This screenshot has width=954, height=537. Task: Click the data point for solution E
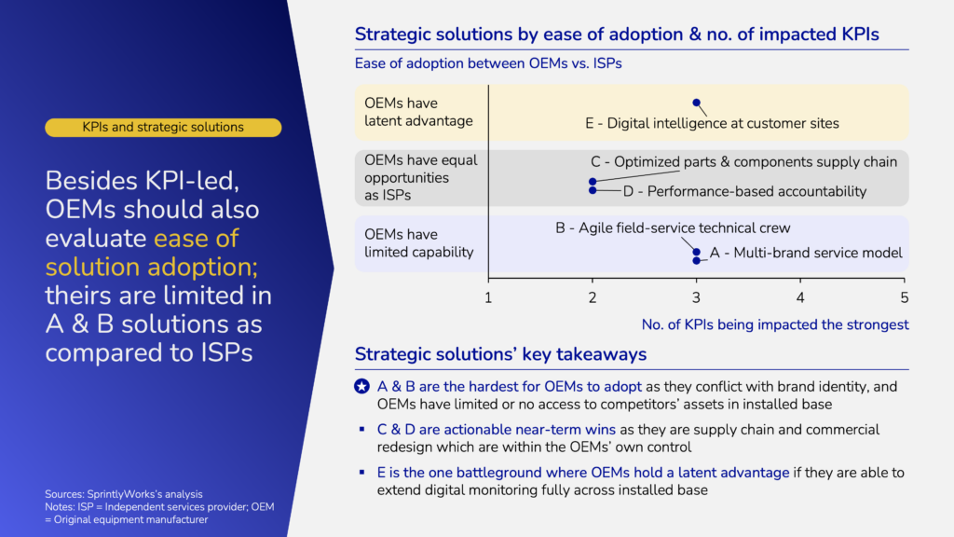pyautogui.click(x=696, y=103)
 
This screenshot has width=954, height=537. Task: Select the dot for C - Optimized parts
pyautogui.click(x=593, y=182)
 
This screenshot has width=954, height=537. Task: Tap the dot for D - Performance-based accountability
pyautogui.click(x=593, y=190)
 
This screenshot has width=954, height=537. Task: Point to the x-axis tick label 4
pyautogui.click(x=800, y=297)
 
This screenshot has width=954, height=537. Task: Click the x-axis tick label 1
pyautogui.click(x=488, y=297)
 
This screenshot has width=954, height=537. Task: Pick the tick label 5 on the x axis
pyautogui.click(x=904, y=297)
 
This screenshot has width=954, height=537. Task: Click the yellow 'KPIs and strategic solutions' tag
pyautogui.click(x=163, y=127)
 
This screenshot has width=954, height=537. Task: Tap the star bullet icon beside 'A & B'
pyautogui.click(x=362, y=386)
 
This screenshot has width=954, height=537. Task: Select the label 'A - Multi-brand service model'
pyautogui.click(x=806, y=253)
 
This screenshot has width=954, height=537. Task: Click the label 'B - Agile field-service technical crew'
pyautogui.click(x=673, y=227)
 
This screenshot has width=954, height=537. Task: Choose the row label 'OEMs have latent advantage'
pyautogui.click(x=418, y=112)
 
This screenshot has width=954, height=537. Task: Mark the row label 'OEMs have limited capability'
pyautogui.click(x=418, y=243)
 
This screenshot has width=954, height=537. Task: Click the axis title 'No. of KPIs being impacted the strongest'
pyautogui.click(x=775, y=324)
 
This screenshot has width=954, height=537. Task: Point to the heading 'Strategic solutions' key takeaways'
pyautogui.click(x=500, y=354)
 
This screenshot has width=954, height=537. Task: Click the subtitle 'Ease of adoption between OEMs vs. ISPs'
pyautogui.click(x=488, y=63)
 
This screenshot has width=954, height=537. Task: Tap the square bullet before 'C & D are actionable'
pyautogui.click(x=362, y=429)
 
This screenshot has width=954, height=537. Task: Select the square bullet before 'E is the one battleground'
pyautogui.click(x=362, y=472)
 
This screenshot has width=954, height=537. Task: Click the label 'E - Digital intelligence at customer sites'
pyautogui.click(x=712, y=124)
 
